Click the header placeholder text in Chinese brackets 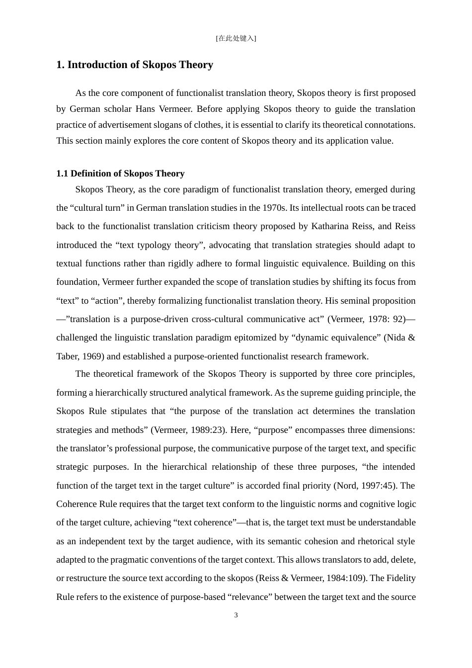(x=236, y=38)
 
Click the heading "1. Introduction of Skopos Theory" (x=135, y=65)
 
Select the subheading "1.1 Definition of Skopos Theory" (x=120, y=173)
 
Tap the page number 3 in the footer (x=236, y=615)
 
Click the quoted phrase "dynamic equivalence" (x=336, y=337)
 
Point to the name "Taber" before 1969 (x=67, y=356)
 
